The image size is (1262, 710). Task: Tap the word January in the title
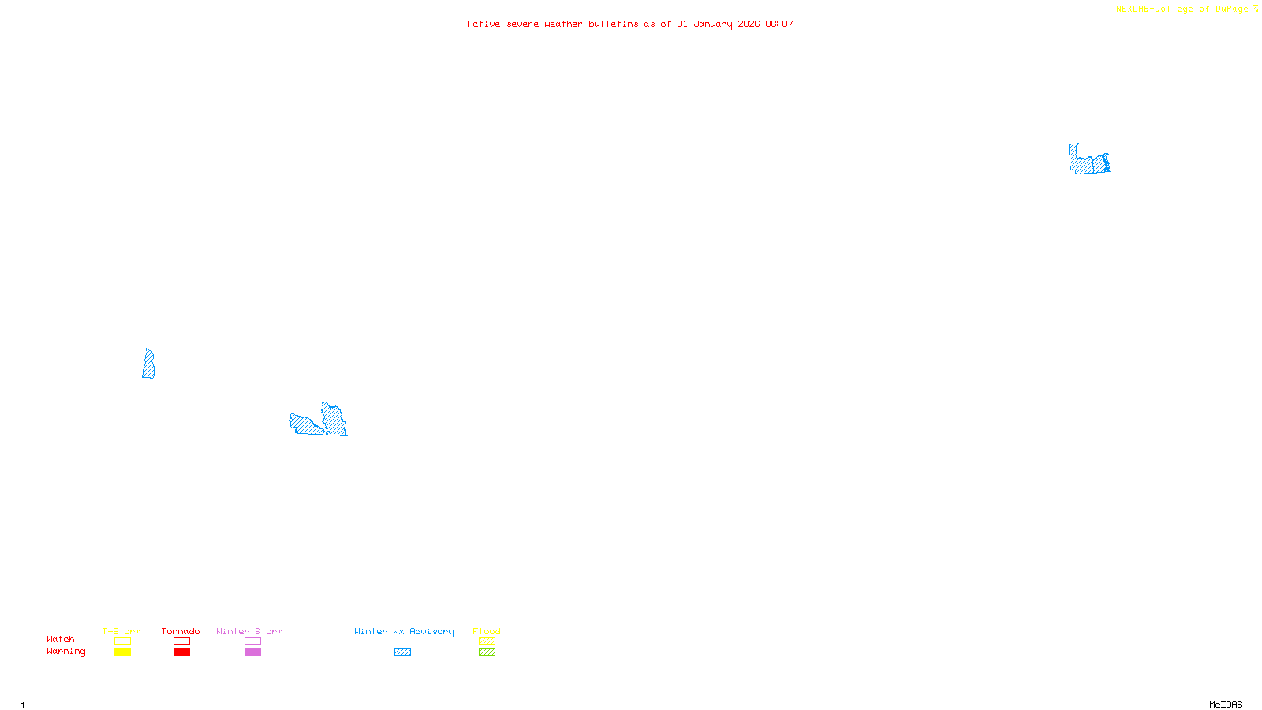pyautogui.click(x=712, y=24)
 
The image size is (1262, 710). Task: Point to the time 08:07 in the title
pyautogui.click(x=778, y=24)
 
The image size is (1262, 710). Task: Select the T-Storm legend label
pyautogui.click(x=121, y=631)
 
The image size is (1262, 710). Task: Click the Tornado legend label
pyautogui.click(x=181, y=631)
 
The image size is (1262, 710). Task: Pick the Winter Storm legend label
pyautogui.click(x=249, y=631)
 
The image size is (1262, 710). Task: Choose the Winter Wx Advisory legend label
pyautogui.click(x=404, y=631)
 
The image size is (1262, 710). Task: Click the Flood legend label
pyautogui.click(x=487, y=631)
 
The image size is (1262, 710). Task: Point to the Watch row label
pyautogui.click(x=61, y=639)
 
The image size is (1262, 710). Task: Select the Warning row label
pyautogui.click(x=65, y=652)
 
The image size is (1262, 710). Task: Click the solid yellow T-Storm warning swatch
pyautogui.click(x=122, y=652)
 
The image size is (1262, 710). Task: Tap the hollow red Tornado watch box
pyautogui.click(x=181, y=641)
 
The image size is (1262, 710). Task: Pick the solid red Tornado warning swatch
pyautogui.click(x=181, y=652)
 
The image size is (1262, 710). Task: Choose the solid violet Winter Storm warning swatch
pyautogui.click(x=252, y=652)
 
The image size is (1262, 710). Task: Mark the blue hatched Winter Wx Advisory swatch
pyautogui.click(x=402, y=652)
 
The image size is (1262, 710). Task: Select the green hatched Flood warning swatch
pyautogui.click(x=487, y=652)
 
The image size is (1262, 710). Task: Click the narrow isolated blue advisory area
pyautogui.click(x=148, y=364)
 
